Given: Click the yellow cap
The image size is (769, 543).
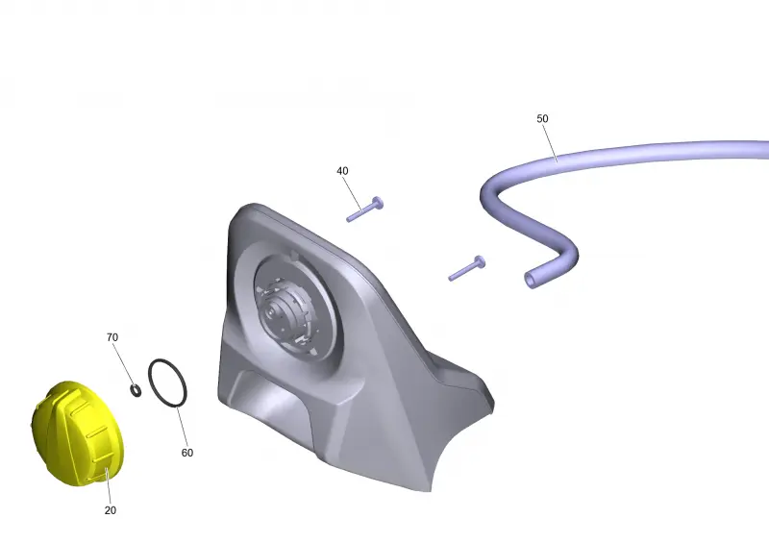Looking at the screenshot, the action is point(78,433).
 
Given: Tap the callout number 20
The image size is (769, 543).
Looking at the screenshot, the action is point(111,510).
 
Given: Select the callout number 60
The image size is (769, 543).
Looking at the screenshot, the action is point(187,453).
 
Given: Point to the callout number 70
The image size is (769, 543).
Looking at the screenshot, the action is point(112,337).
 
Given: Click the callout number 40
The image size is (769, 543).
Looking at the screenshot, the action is point(342,171).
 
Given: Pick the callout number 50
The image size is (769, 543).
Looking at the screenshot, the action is point(542,119).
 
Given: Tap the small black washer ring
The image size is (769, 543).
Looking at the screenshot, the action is point(136,390).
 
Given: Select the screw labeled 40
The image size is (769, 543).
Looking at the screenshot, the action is point(365,210).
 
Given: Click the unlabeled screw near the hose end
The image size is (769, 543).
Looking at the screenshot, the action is point(466,268).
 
